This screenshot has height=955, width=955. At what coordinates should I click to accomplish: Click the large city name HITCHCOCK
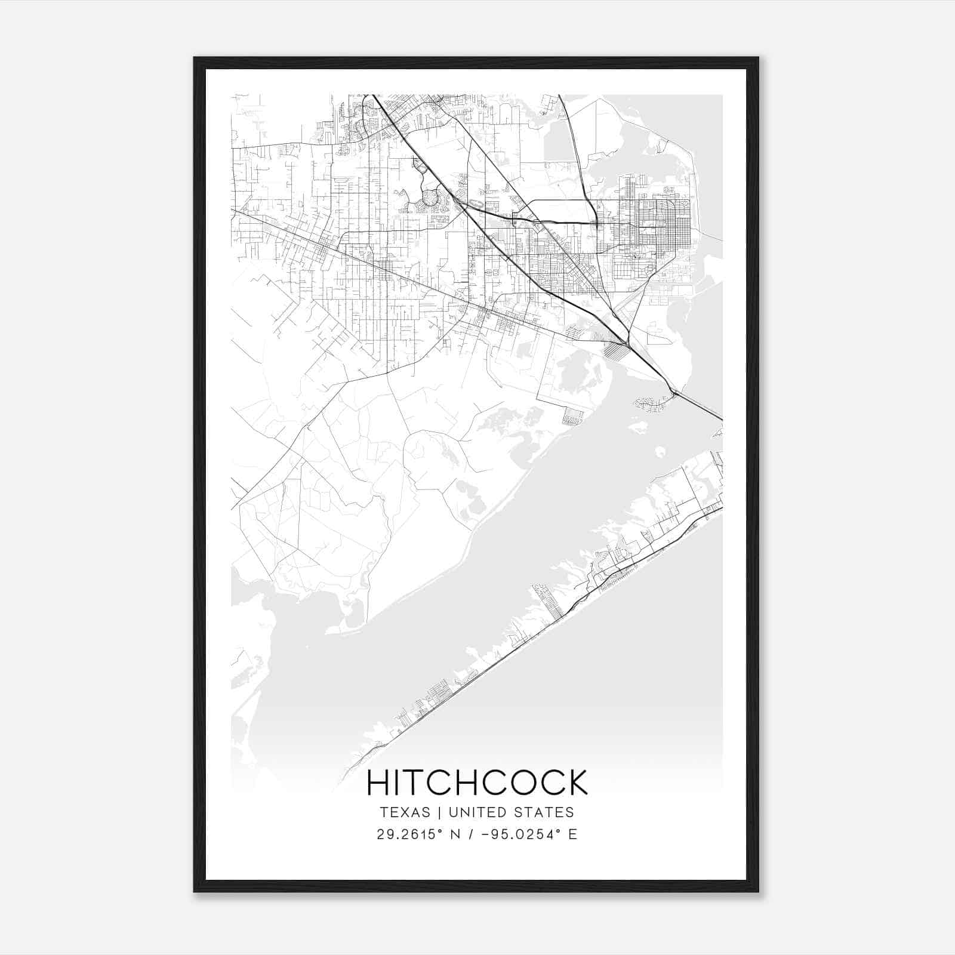(477, 783)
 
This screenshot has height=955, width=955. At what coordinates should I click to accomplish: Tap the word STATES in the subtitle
(544, 812)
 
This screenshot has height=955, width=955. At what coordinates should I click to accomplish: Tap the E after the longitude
(573, 834)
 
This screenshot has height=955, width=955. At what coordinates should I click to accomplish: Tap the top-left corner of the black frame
(195, 58)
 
